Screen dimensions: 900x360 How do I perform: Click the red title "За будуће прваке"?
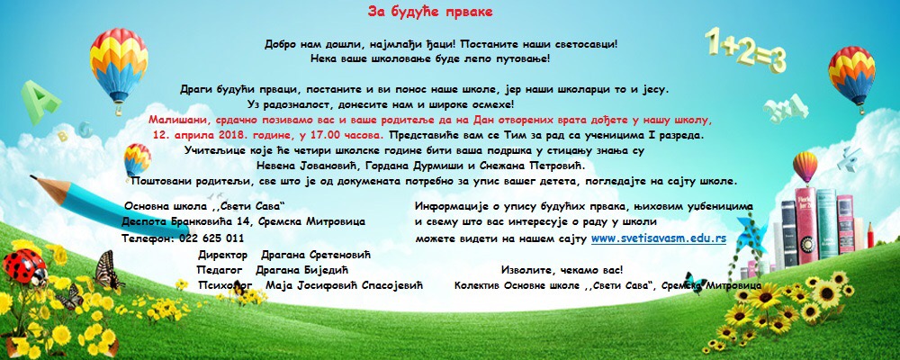click(430, 12)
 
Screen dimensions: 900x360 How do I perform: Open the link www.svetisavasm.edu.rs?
click(659, 238)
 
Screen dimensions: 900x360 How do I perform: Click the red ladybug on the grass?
click(24, 266)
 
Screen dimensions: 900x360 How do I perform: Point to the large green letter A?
click(40, 102)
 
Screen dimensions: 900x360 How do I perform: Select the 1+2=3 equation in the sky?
click(745, 49)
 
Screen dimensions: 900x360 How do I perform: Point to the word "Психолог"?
click(226, 284)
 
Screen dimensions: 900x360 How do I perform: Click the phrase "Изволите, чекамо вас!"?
click(562, 270)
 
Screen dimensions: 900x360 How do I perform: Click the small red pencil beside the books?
click(870, 235)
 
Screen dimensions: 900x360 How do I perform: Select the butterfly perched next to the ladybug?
click(107, 270)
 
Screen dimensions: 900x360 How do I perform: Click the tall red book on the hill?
click(805, 225)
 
